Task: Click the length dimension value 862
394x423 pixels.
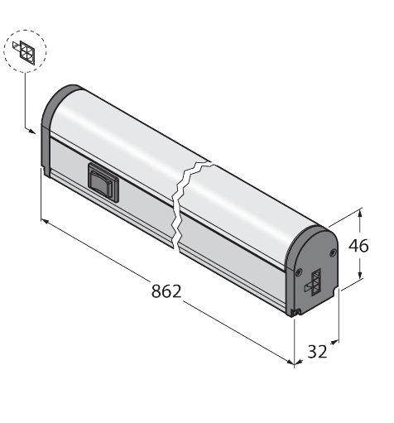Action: pos(166,291)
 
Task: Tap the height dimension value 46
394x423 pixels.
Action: pos(358,246)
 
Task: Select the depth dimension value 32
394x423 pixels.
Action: pos(317,351)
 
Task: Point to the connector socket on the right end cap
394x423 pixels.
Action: pos(315,282)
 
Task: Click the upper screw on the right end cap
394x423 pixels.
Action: pos(332,249)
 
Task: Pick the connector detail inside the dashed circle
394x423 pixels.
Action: pos(26,52)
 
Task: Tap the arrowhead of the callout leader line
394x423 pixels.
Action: pos(31,128)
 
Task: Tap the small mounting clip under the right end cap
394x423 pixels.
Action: pos(296,311)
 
